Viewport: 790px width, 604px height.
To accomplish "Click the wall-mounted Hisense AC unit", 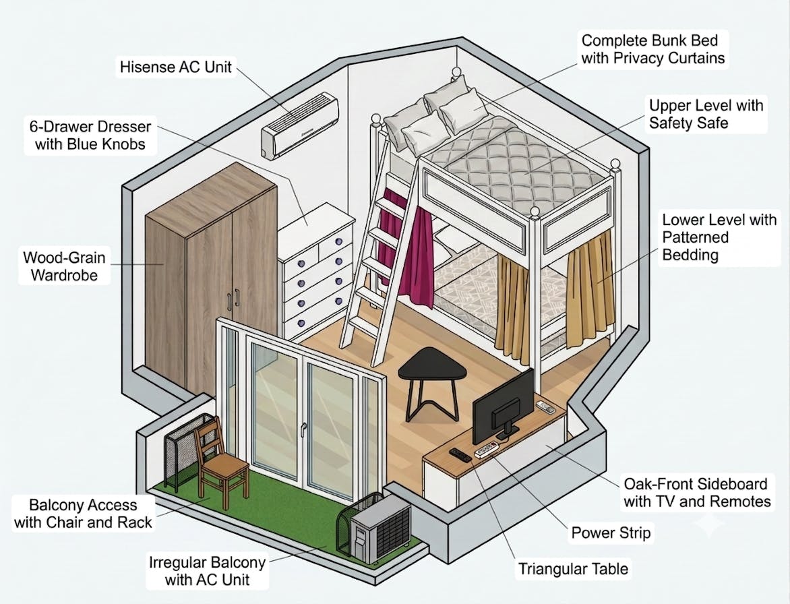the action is pos(300,125).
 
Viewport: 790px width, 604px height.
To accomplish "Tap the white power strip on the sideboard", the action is pos(486,449).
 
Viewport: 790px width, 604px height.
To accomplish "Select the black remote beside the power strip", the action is pos(460,455).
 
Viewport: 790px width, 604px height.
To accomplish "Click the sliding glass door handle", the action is pos(303,429).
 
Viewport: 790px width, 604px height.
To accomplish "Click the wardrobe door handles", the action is pos(233,299).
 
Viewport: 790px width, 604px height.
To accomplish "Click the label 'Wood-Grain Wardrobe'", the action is pos(64,266).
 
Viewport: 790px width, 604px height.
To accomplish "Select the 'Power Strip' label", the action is pos(611,533).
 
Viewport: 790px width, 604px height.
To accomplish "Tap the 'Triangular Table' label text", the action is pos(574,569).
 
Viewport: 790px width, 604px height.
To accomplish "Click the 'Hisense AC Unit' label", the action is pos(176,67).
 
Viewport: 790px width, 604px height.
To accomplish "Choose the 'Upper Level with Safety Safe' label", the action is pos(706,114).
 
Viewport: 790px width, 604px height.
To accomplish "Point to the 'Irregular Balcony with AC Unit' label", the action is pos(207,571).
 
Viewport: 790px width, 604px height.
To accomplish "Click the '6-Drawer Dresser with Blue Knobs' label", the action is pos(90,135).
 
